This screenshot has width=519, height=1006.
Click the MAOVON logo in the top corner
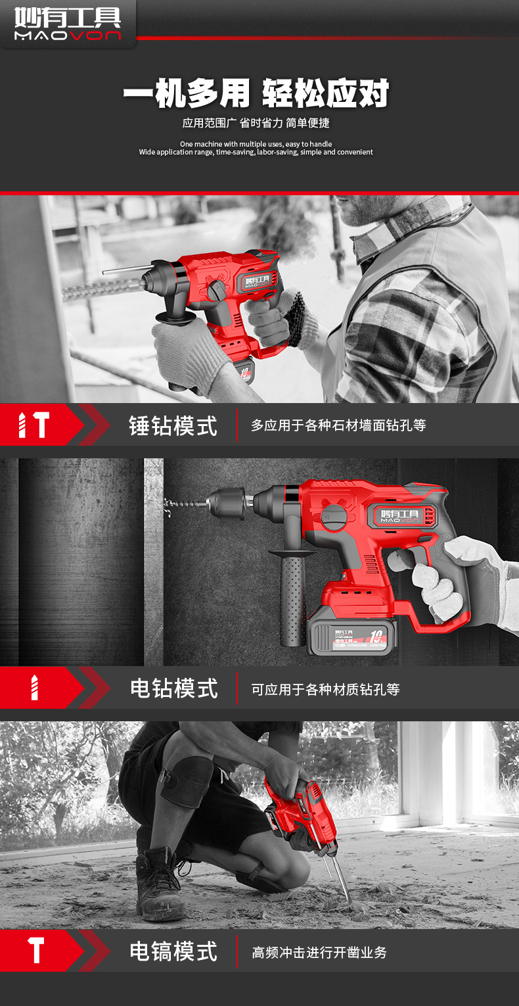[68, 24]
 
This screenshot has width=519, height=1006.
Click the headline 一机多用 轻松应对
[256, 94]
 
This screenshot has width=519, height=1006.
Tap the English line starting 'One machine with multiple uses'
[256, 144]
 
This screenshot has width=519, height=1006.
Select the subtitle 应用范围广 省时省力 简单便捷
[256, 124]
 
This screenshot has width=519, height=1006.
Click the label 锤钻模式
[173, 425]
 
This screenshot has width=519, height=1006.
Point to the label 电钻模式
[173, 688]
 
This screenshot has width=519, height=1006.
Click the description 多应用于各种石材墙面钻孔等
[338, 425]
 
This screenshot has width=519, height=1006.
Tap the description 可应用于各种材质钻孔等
[325, 690]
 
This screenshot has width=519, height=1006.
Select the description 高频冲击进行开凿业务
[319, 953]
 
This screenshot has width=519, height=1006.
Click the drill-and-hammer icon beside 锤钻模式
[33, 425]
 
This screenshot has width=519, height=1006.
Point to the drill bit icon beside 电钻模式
[35, 688]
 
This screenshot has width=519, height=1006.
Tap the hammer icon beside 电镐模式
[36, 951]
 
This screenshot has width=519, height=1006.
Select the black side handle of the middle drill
[292, 598]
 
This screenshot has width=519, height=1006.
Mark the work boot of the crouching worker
[160, 884]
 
